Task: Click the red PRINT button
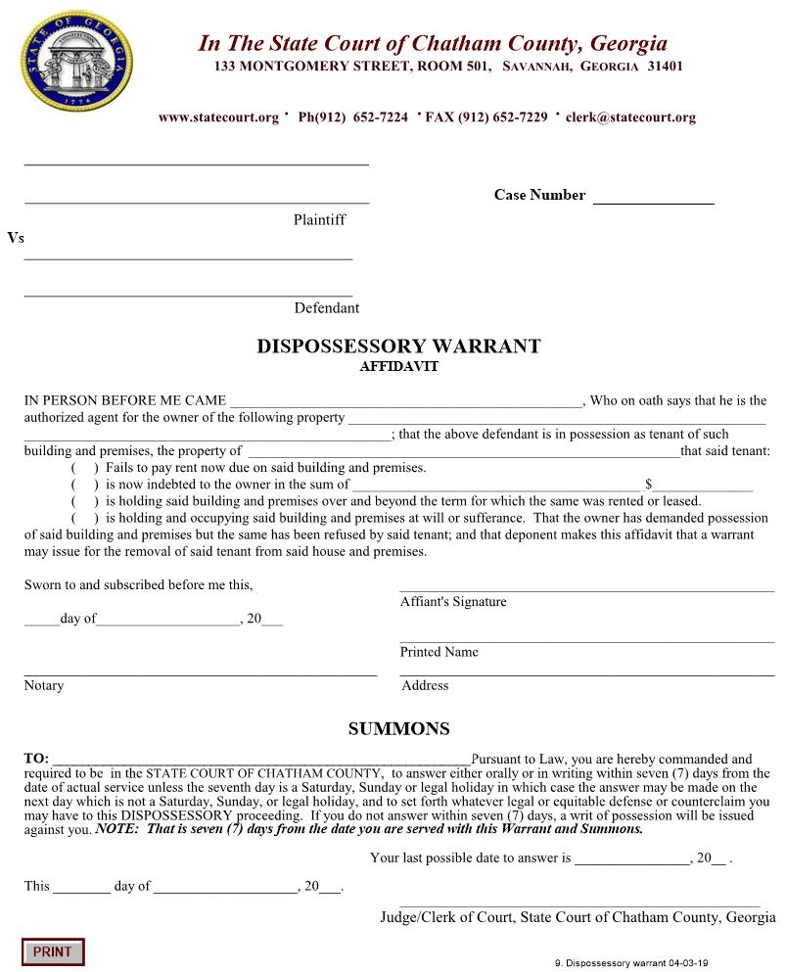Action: coord(53,951)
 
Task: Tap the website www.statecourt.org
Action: coord(218,117)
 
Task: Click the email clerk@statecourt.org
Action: coord(630,117)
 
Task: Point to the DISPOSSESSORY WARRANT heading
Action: coord(398,347)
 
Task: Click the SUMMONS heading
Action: coord(398,729)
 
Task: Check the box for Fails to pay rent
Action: coord(84,468)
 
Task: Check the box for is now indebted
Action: coord(84,485)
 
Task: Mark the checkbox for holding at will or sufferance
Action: coord(84,518)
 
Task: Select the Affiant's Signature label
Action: coord(453,602)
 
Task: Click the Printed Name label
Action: coord(439,652)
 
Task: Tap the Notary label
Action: coord(44,685)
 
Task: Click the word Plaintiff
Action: coord(319,220)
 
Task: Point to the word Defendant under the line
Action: coord(327,308)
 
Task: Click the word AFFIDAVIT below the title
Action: coord(398,367)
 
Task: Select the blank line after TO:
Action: coord(260,760)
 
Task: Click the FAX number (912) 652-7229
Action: coord(486,117)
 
